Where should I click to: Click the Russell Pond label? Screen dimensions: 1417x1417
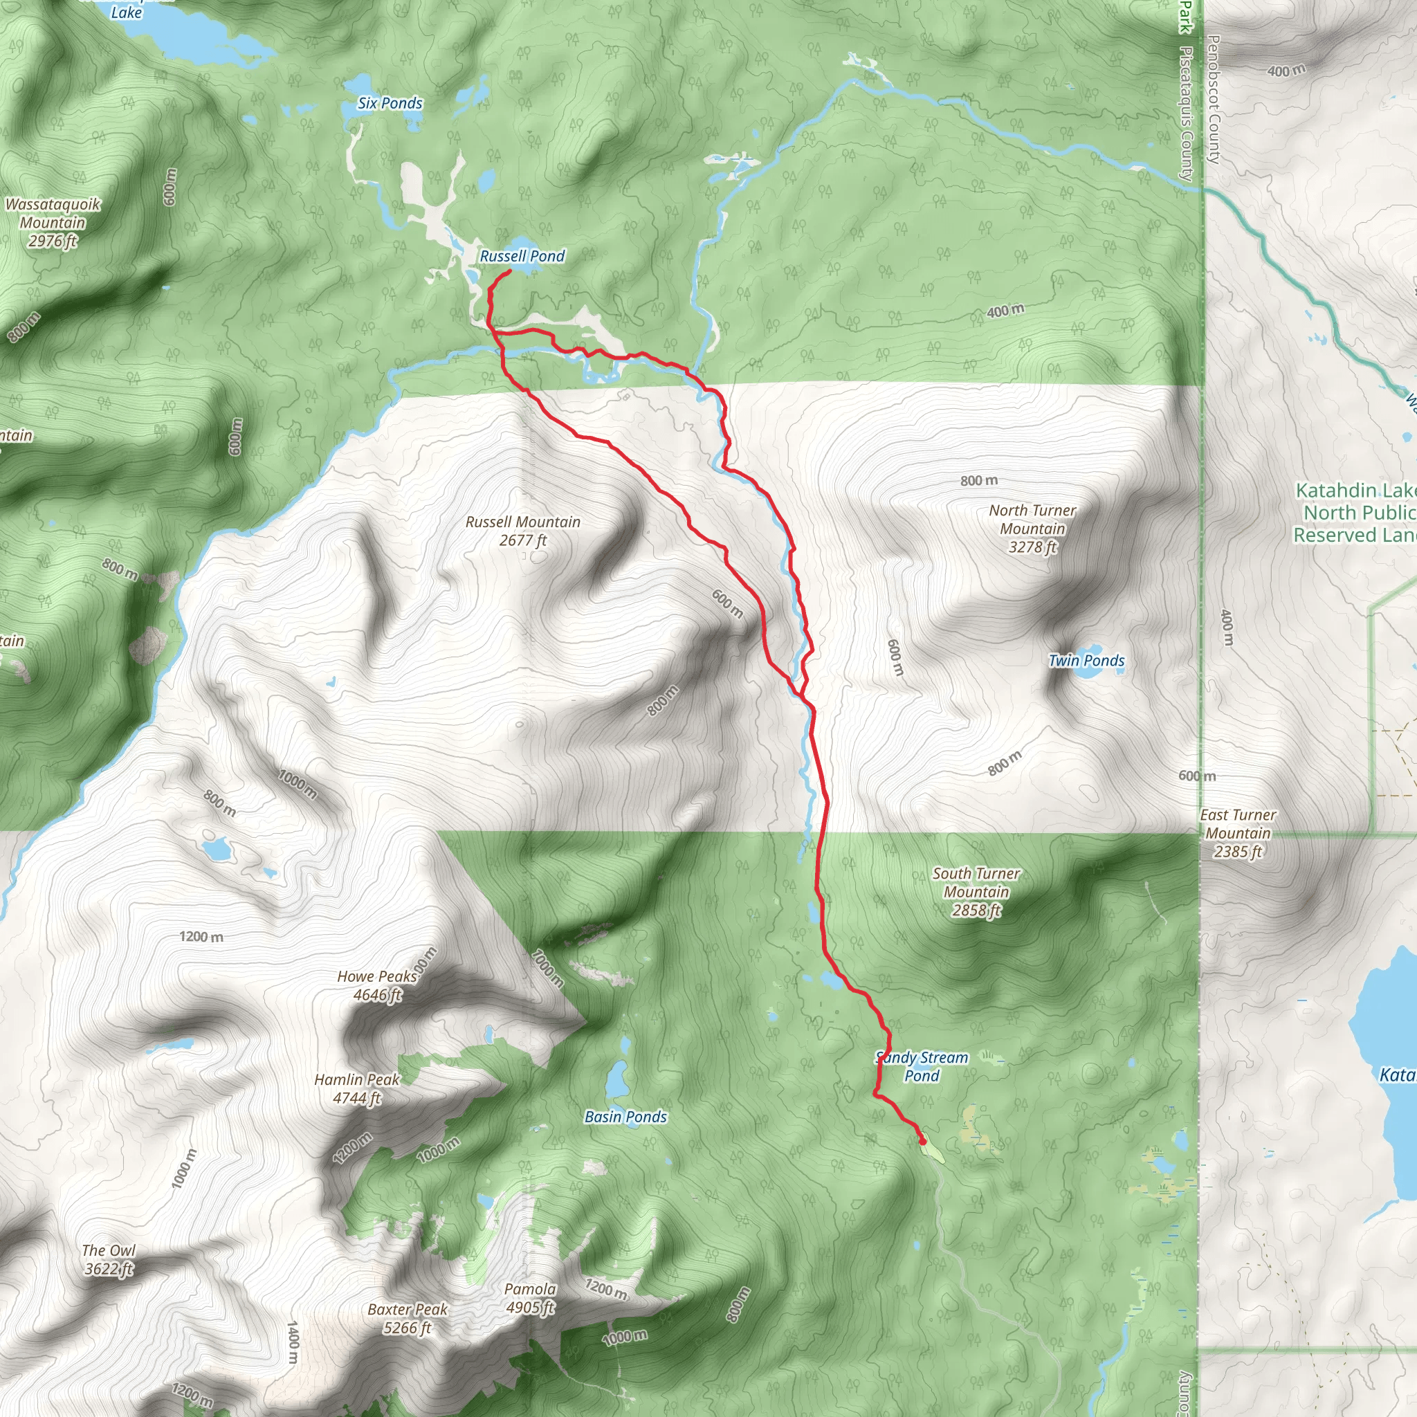[522, 256]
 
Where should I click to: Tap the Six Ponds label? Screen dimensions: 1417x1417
[390, 103]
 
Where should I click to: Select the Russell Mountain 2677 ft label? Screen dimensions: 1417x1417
[523, 531]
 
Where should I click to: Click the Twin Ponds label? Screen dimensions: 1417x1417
[1086, 660]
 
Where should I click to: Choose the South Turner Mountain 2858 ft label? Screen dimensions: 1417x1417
[976, 892]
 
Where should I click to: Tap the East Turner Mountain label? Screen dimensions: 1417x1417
[1238, 833]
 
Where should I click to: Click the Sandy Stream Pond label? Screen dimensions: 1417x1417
[922, 1066]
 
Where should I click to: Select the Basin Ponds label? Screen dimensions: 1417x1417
[625, 1117]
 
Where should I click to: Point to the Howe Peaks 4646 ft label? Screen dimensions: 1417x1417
[377, 986]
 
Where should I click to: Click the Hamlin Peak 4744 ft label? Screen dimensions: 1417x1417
[357, 1088]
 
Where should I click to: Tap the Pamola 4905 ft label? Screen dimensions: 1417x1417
[529, 1298]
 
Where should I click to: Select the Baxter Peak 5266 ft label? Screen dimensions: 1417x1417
[408, 1318]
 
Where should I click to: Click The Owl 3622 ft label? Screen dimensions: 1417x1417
[109, 1259]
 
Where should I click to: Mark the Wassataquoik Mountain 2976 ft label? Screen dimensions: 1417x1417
[52, 222]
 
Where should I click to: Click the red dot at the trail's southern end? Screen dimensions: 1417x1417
[922, 1141]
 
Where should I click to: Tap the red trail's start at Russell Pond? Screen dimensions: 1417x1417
[509, 272]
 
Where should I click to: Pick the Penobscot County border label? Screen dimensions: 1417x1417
[1213, 99]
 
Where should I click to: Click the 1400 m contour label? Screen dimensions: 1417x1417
[293, 1342]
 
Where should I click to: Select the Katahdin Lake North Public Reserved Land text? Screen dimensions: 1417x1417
[1353, 513]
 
